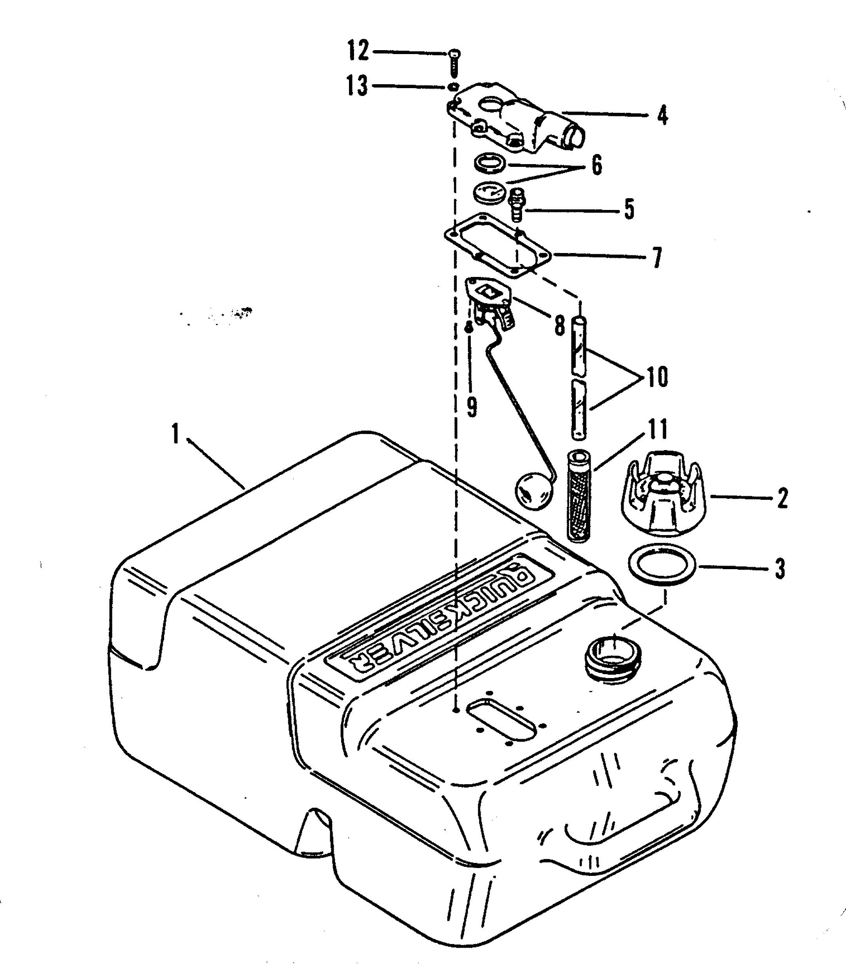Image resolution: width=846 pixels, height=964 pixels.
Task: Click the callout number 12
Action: tap(358, 51)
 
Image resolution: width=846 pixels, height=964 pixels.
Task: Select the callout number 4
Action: tap(663, 115)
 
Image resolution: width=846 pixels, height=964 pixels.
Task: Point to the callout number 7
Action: tap(657, 257)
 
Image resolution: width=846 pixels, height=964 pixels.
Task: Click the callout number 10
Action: tap(657, 377)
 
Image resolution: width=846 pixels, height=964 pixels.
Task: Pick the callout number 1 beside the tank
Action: tap(175, 434)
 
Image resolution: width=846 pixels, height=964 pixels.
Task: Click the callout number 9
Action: tap(472, 406)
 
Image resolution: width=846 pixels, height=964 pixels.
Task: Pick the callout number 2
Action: tap(782, 498)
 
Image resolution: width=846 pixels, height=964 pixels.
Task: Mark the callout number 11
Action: tap(657, 429)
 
